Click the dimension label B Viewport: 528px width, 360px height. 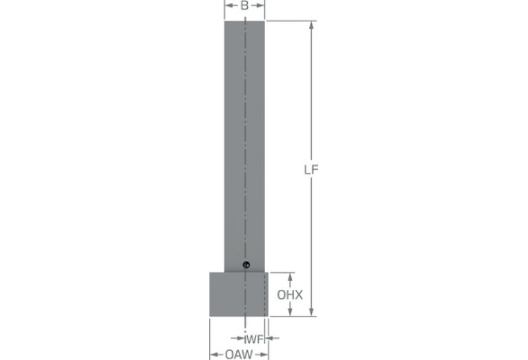245,6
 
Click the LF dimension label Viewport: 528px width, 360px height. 311,170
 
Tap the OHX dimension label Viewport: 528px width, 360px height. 290,295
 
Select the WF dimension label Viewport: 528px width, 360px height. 254,339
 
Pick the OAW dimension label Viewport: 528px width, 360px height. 239,354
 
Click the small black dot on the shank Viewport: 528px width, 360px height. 246,265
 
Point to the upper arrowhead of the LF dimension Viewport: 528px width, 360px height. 311,25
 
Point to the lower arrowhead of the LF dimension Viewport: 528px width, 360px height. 311,312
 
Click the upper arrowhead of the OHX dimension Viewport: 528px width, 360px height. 291,277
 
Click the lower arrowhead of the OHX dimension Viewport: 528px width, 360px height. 291,313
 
